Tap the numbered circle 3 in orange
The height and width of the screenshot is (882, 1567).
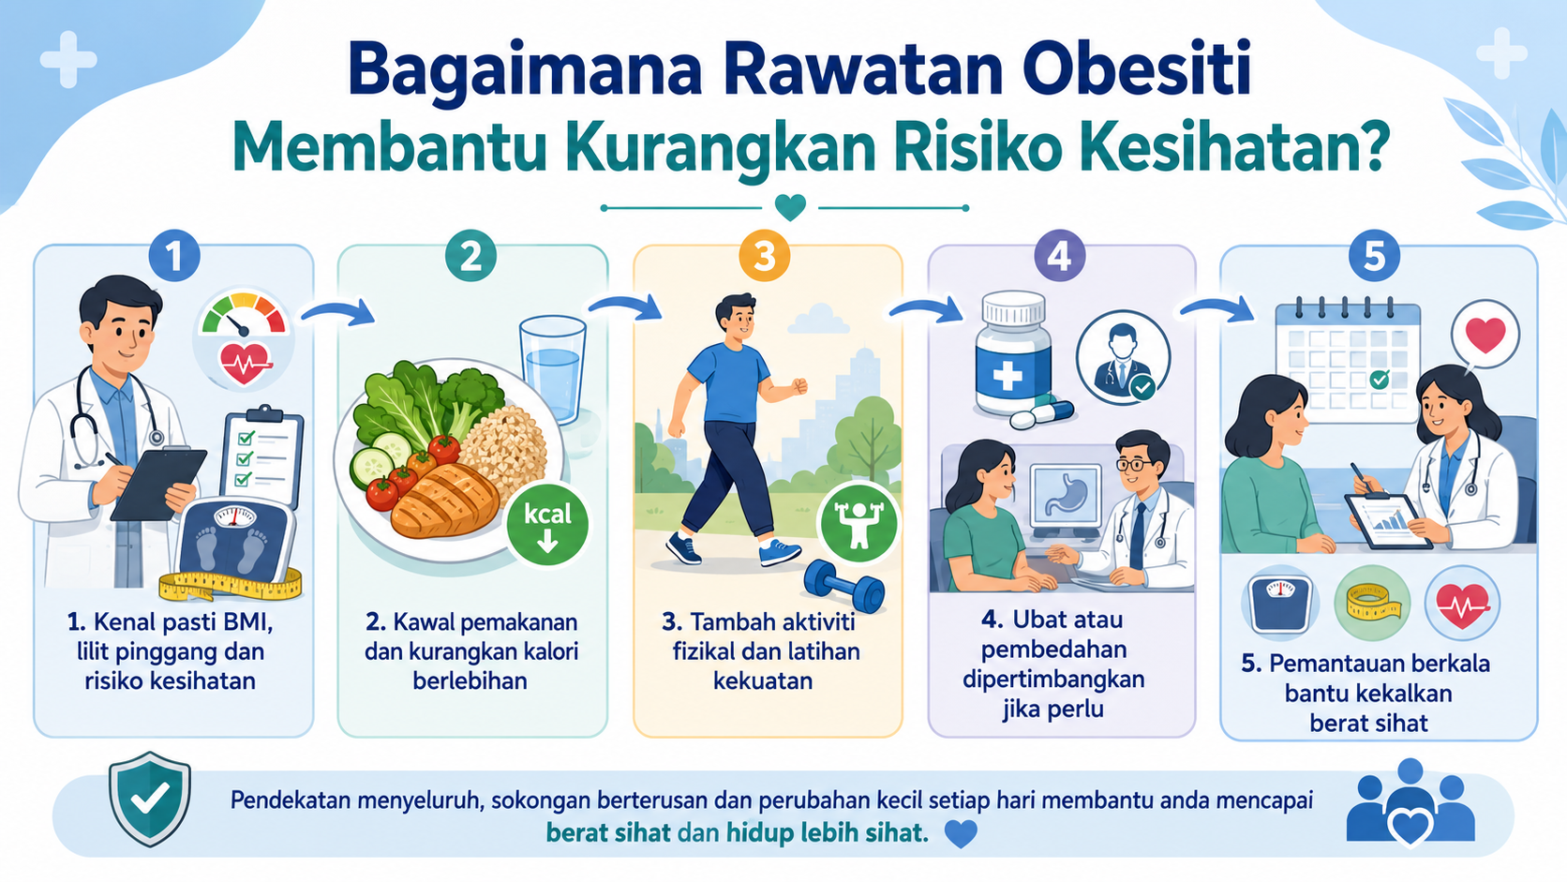pyautogui.click(x=765, y=256)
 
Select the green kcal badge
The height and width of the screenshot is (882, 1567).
pyautogui.click(x=547, y=524)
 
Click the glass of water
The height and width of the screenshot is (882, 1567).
pyautogui.click(x=553, y=370)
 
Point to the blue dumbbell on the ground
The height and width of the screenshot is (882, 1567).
pyautogui.click(x=843, y=586)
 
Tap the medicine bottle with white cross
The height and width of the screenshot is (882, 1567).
pyautogui.click(x=1013, y=354)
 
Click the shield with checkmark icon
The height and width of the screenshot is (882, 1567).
pyautogui.click(x=150, y=799)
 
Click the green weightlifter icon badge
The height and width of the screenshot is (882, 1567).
pyautogui.click(x=858, y=522)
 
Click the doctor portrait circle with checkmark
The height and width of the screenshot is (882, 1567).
pyautogui.click(x=1123, y=358)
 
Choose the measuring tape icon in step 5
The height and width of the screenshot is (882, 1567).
pyautogui.click(x=1372, y=603)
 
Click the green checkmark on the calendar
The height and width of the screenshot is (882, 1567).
pyautogui.click(x=1380, y=380)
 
